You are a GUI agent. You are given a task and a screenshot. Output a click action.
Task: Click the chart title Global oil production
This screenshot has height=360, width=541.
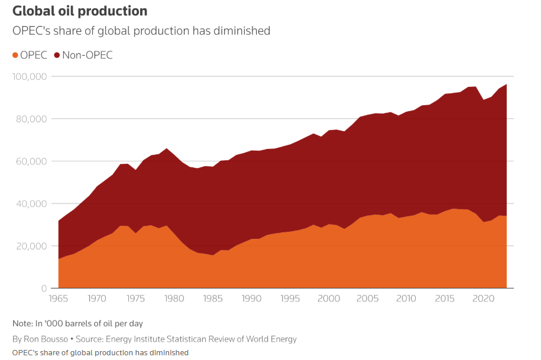point(80,11)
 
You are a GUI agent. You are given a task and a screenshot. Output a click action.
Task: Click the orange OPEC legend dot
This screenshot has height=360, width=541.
point(15,56)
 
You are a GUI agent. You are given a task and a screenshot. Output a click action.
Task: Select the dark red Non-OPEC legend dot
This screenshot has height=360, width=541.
point(57,56)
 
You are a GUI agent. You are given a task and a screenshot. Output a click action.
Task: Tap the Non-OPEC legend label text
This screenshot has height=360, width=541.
point(87,56)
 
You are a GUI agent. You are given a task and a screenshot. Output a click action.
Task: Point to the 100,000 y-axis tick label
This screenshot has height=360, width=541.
point(30,77)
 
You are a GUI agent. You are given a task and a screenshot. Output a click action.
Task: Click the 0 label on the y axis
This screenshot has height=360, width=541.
point(44,288)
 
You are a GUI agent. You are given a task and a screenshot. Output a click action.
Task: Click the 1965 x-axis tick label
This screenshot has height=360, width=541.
point(59,299)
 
